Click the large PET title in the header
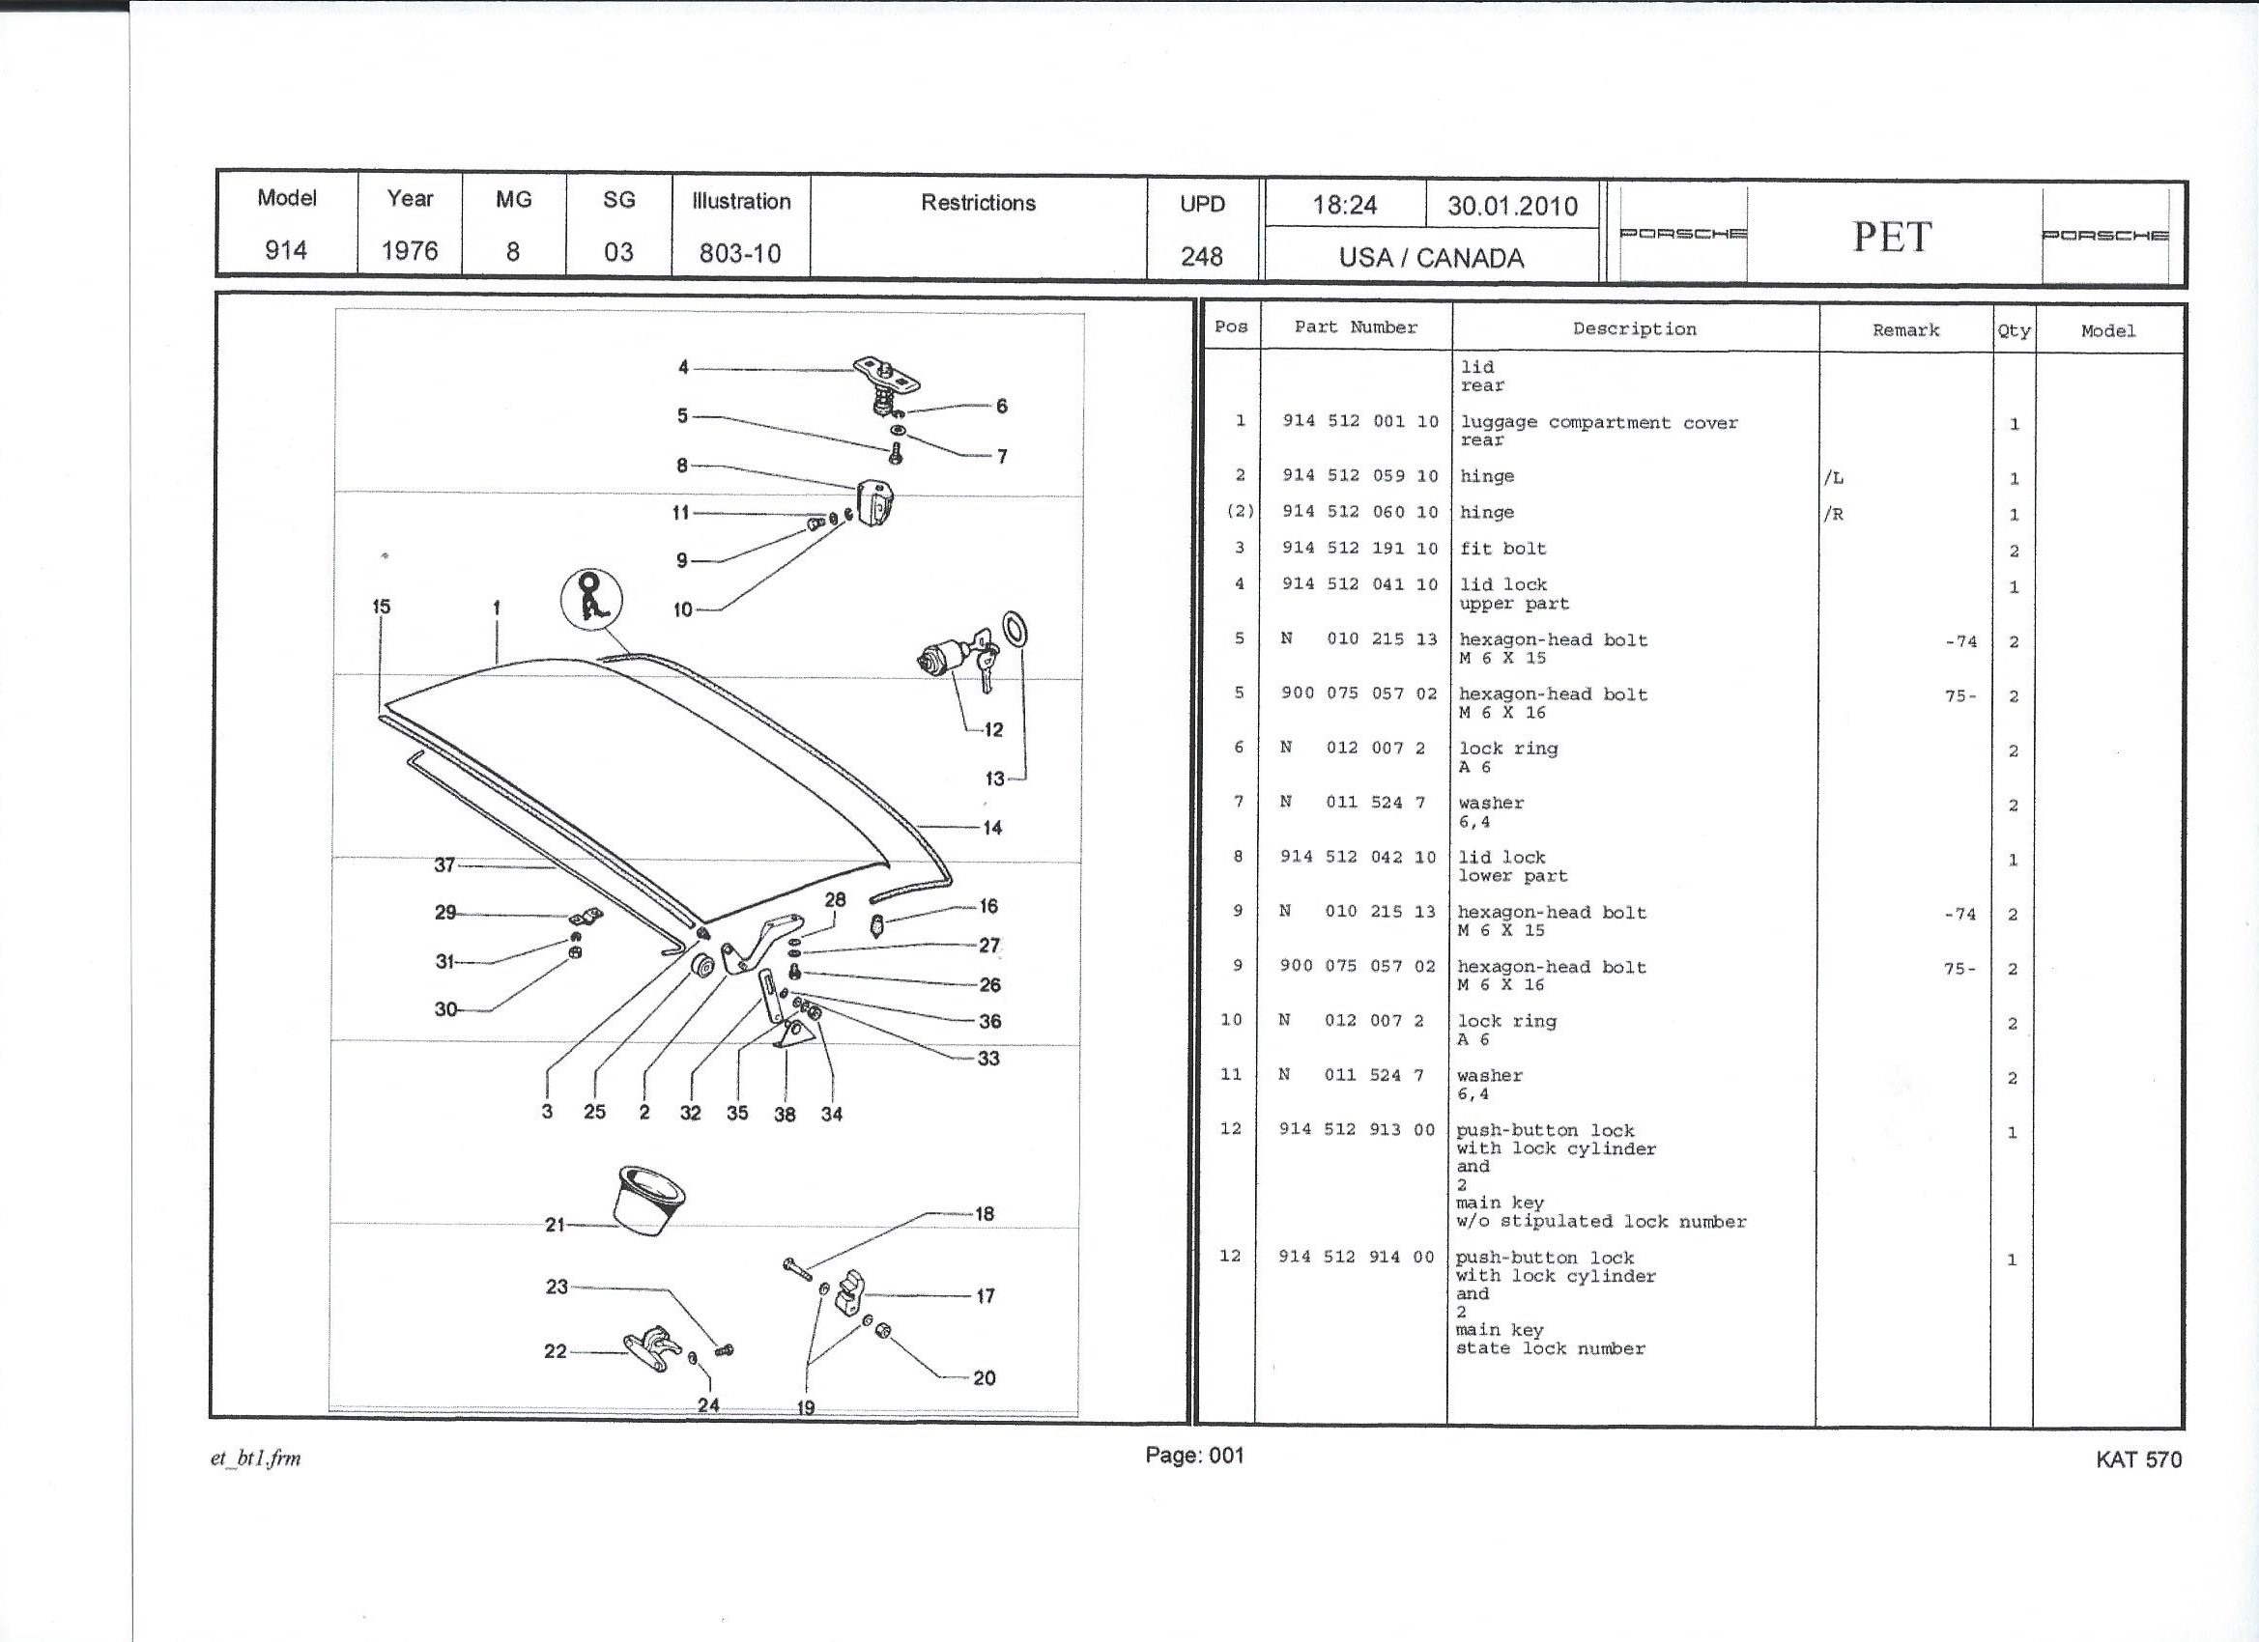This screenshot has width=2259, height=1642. tap(1892, 237)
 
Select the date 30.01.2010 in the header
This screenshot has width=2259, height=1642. tap(1512, 206)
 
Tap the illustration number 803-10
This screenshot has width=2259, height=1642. tap(739, 254)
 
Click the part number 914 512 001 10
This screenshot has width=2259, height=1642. tap(1359, 421)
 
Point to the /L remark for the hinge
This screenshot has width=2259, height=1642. tap(1833, 478)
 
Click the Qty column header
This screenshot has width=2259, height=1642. tap(2013, 330)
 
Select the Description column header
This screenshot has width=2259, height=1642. tap(1634, 328)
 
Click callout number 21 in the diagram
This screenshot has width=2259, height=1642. tap(555, 1225)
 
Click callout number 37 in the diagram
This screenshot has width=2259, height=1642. tap(444, 865)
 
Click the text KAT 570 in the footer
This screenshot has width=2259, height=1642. tap(2137, 1459)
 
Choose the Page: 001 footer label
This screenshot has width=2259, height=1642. tap(1194, 1456)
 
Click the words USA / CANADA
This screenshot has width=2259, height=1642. tap(1430, 258)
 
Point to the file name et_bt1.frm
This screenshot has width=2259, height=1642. tap(255, 1458)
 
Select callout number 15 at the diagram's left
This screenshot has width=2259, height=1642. tap(382, 607)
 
